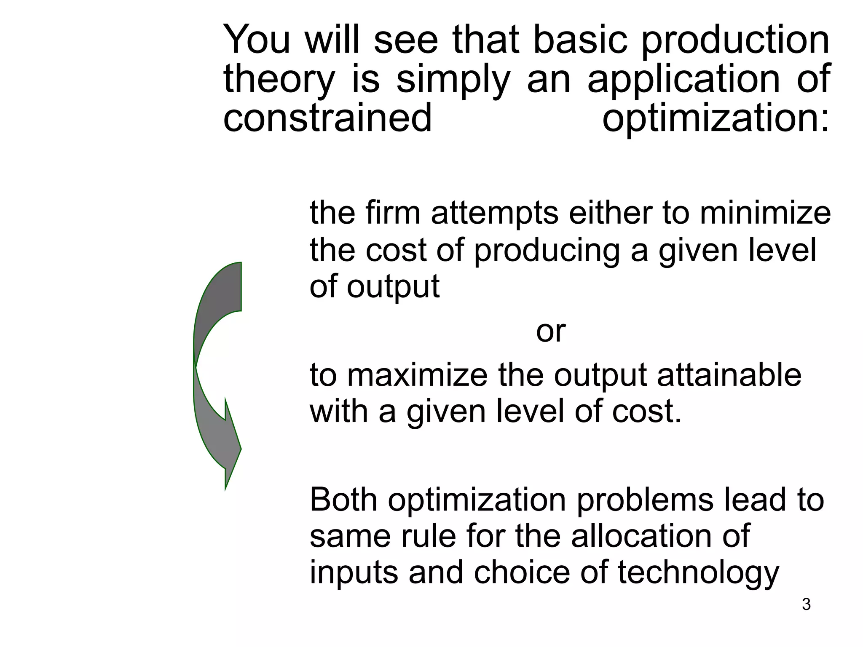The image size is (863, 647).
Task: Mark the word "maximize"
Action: click(x=417, y=374)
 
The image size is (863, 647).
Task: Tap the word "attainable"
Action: click(x=729, y=374)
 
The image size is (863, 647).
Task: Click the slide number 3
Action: click(x=806, y=604)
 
